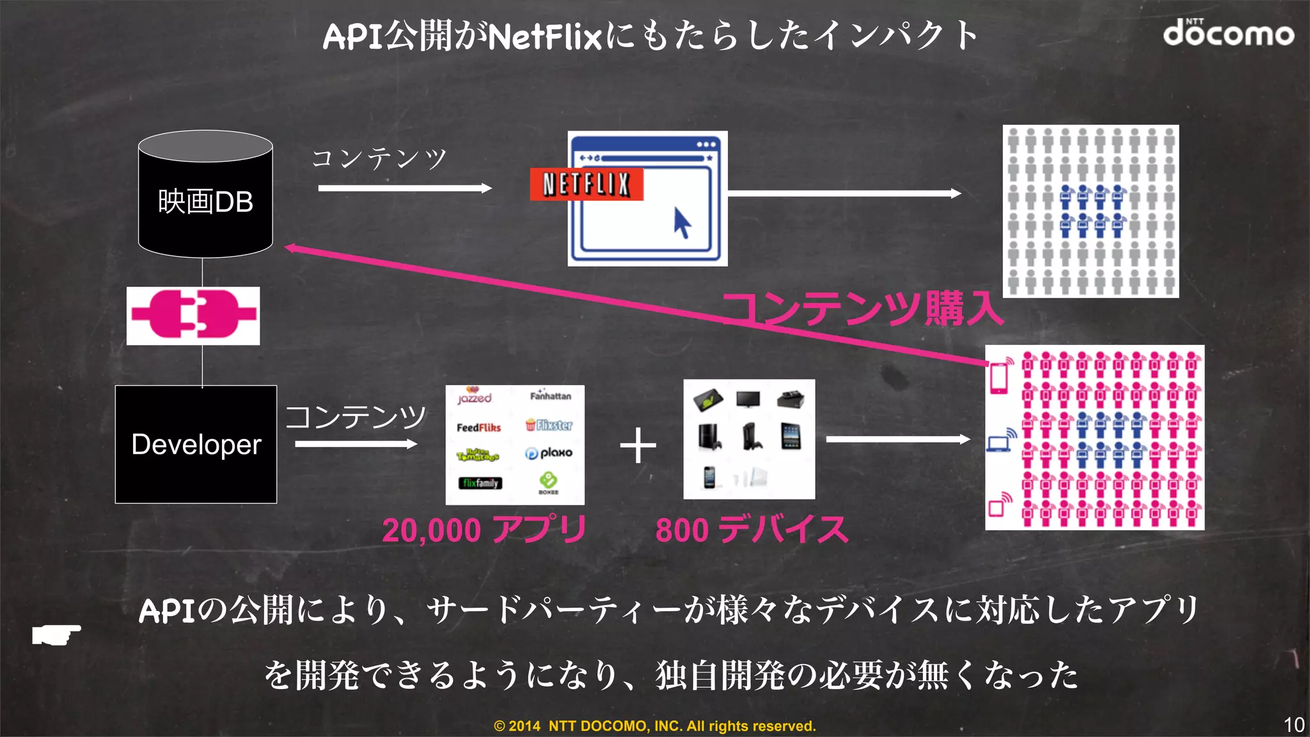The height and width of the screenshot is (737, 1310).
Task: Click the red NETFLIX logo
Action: click(x=586, y=184)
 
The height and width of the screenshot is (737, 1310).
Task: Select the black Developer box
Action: click(x=196, y=444)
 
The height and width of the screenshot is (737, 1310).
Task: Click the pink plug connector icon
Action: click(x=193, y=315)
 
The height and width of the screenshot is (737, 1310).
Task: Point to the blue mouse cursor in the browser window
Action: click(x=682, y=223)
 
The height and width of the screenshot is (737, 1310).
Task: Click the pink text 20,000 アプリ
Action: click(x=484, y=530)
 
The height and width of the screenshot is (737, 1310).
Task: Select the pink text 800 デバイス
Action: click(x=752, y=530)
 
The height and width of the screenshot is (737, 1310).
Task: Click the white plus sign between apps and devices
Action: click(x=638, y=445)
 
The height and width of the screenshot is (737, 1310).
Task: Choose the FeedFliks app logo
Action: click(x=478, y=427)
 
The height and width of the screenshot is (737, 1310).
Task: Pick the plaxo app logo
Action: click(x=549, y=453)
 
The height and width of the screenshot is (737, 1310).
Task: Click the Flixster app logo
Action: click(x=549, y=425)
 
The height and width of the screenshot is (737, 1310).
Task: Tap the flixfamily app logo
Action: click(x=480, y=483)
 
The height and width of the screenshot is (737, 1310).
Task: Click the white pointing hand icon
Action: click(x=56, y=634)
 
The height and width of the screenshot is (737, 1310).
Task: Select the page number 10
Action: click(x=1293, y=725)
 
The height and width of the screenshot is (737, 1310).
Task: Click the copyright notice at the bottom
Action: click(x=654, y=726)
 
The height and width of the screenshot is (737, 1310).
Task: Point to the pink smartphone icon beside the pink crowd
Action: click(x=1000, y=376)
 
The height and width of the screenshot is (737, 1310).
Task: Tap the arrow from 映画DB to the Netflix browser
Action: click(x=404, y=188)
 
